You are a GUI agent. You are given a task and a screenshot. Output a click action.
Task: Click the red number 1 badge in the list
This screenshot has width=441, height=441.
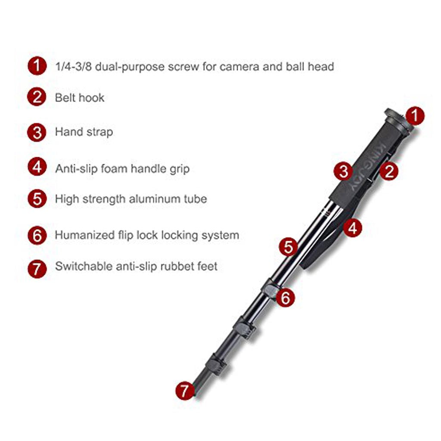37,66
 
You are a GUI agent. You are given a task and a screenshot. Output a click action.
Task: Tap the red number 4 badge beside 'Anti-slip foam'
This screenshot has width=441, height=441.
37,167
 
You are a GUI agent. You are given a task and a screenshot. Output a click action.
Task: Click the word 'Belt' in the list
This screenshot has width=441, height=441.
64,98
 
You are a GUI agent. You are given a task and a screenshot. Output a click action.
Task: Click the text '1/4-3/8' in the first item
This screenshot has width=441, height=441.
73,67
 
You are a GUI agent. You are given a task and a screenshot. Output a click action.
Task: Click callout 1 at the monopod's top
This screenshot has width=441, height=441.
415,115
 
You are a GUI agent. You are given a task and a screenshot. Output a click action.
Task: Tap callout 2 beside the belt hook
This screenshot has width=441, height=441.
389,171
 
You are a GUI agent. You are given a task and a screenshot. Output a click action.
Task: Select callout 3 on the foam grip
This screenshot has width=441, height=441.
343,171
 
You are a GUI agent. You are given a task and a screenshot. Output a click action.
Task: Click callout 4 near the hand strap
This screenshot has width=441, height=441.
352,228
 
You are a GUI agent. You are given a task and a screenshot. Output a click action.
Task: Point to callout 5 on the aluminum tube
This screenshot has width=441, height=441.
288,247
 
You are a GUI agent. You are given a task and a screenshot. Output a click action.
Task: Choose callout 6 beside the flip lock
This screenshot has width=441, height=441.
285,298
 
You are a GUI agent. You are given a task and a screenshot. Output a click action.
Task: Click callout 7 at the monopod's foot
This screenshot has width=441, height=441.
185,390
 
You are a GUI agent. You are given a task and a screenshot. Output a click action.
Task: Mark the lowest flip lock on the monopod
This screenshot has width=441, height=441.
216,365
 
